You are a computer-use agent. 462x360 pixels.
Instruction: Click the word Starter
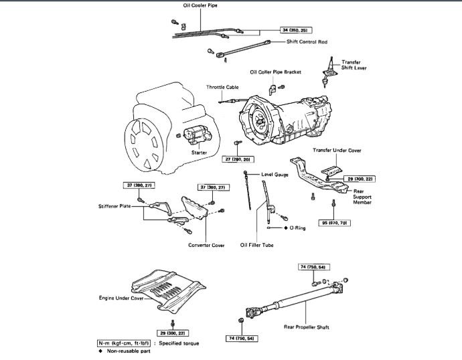199,153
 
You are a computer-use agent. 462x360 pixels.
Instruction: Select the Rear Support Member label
365,196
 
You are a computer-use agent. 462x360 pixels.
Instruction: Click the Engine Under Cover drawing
167,288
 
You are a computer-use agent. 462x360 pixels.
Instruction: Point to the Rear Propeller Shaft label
318,327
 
